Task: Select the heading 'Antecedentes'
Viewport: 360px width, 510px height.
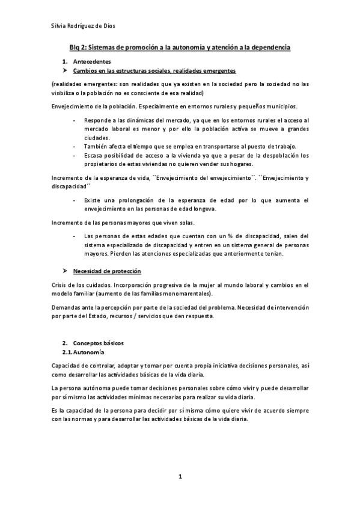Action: click(x=91, y=62)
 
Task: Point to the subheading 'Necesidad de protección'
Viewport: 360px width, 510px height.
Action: click(x=107, y=271)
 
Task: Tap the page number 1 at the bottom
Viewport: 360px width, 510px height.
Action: click(x=180, y=476)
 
